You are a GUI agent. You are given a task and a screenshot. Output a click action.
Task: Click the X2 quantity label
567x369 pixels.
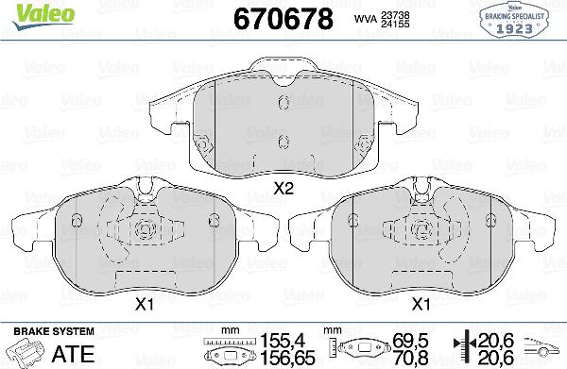click(x=283, y=188)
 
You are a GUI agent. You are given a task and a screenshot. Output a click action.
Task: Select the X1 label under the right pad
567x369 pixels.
click(x=421, y=304)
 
